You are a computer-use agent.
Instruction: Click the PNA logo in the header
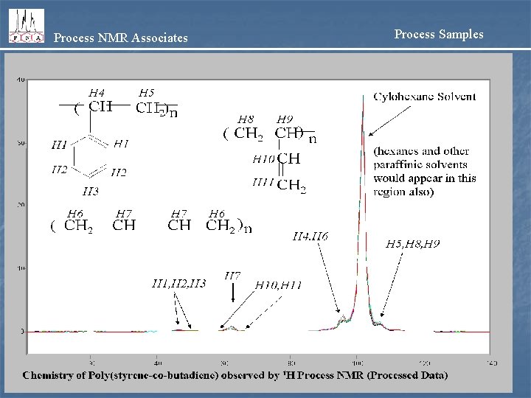pos(26,27)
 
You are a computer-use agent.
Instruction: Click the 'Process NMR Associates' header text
pos(121,38)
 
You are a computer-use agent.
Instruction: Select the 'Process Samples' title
pos(439,34)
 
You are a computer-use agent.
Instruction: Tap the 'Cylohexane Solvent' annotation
pos(425,97)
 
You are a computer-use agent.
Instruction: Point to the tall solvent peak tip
pos(364,96)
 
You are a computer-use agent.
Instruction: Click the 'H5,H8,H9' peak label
pos(413,243)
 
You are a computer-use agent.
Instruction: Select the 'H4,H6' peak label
pos(310,237)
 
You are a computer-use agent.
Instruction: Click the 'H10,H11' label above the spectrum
pos(278,284)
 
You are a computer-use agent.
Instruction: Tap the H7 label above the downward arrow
pos(232,276)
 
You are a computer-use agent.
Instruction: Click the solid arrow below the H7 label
pos(233,293)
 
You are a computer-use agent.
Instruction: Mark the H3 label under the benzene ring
pos(90,192)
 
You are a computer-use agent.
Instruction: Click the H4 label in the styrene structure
pos(96,93)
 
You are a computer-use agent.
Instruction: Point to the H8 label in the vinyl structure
pos(246,119)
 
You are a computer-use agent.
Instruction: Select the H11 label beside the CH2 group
pos(263,182)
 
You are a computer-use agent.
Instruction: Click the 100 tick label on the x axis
pos(358,363)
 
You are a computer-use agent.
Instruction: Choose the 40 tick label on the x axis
pos(157,363)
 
